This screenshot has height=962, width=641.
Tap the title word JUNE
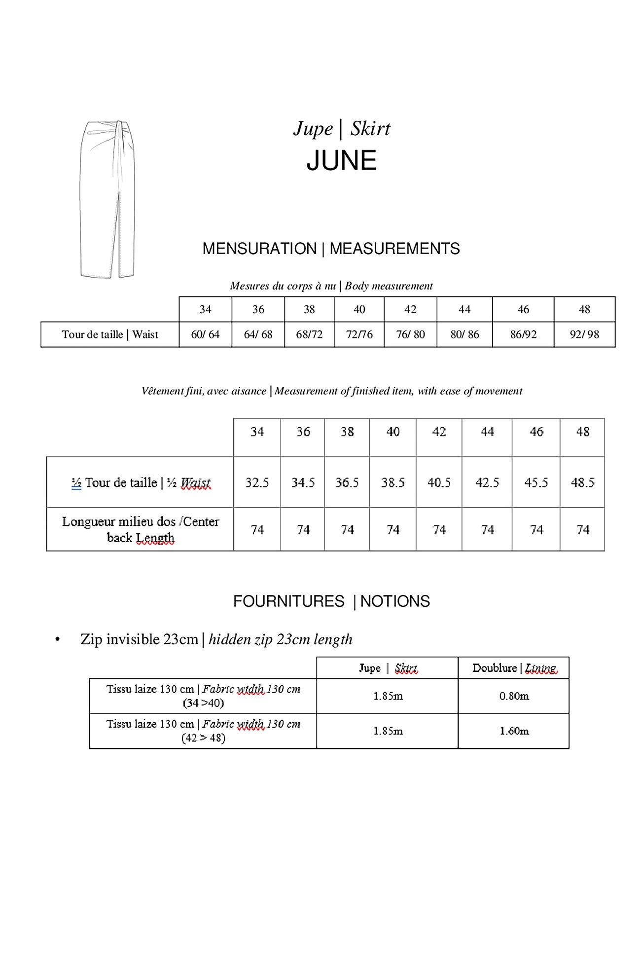[x=341, y=161]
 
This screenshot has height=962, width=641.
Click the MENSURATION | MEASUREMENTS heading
[x=331, y=249]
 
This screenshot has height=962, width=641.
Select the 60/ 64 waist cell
[x=205, y=334]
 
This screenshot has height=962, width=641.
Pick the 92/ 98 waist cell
[x=584, y=334]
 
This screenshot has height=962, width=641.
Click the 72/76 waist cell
[x=359, y=334]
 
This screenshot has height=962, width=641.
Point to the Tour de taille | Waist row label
[x=110, y=334]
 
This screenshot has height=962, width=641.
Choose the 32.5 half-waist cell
[x=257, y=482]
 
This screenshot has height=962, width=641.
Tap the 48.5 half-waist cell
[x=582, y=482]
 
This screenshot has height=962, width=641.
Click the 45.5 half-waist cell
[x=536, y=482]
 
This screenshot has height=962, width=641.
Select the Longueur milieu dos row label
[x=141, y=529]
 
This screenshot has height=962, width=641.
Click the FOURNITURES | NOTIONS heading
[x=331, y=601]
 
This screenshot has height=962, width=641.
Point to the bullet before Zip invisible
[x=58, y=640]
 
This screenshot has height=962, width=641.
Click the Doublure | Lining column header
[x=514, y=668]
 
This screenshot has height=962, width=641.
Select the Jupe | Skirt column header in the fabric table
[x=388, y=668]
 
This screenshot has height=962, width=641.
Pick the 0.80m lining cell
[x=514, y=696]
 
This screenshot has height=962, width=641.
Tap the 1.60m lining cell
[x=514, y=731]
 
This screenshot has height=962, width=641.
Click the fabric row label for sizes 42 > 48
[x=203, y=731]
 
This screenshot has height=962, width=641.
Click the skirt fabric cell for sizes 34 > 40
[x=388, y=696]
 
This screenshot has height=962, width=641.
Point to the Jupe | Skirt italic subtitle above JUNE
[x=342, y=129]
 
